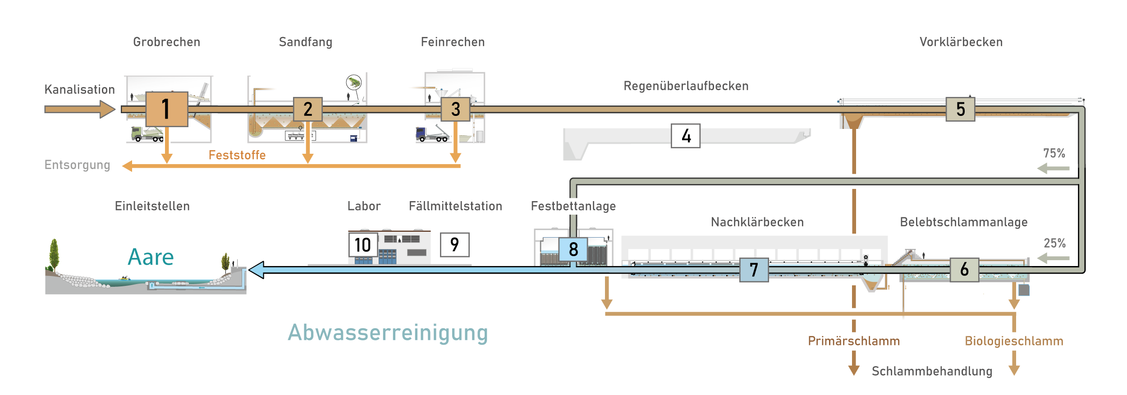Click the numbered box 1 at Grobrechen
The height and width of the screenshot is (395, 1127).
[x=167, y=109]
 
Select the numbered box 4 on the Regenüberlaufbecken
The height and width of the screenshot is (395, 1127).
[x=685, y=136]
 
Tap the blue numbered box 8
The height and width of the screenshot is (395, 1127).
[x=573, y=249]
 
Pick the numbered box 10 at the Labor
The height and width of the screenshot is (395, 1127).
[x=363, y=245]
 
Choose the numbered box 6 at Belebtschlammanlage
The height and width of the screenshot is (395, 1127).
[x=964, y=269]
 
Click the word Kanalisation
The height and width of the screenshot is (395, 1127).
[x=79, y=89]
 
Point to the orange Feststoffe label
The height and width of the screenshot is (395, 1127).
[x=237, y=155]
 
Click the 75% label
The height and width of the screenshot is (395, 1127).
[x=1054, y=153]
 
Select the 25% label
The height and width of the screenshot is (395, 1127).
[x=1054, y=243]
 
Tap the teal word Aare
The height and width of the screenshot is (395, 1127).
[x=151, y=257]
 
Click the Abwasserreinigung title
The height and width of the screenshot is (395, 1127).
[x=388, y=333]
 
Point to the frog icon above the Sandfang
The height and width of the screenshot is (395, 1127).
[x=354, y=82]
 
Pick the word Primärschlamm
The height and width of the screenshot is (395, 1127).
[x=853, y=341]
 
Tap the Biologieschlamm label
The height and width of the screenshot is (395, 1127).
[x=1014, y=341]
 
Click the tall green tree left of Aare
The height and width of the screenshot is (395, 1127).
[x=54, y=255]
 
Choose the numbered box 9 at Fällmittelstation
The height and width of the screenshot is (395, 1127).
[x=454, y=245]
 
